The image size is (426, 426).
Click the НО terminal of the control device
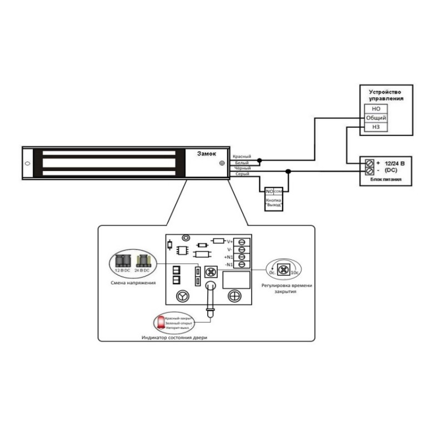(375, 109)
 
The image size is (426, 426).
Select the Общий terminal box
(375, 118)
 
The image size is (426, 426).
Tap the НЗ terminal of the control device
(375, 128)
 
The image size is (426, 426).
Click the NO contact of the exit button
(269, 191)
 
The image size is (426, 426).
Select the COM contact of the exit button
(278, 191)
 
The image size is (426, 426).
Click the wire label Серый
(241, 174)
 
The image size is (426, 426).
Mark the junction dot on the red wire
(260, 161)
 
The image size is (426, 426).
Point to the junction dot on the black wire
(287, 171)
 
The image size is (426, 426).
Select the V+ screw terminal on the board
(242, 242)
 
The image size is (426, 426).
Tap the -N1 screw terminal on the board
(242, 265)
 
